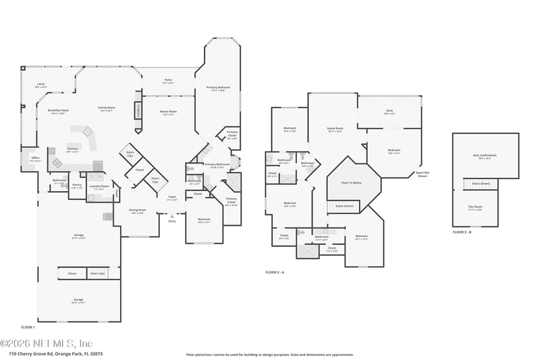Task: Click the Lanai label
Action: tap(40, 84)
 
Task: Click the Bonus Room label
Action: tap(168, 112)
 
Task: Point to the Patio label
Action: tap(167, 81)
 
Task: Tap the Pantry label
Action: tap(76, 186)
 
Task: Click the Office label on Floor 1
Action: tap(35, 159)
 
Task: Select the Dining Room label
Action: tap(138, 211)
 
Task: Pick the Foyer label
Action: tap(172, 198)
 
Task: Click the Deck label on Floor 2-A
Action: tap(389, 111)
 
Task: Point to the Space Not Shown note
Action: tap(423, 174)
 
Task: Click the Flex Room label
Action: tap(475, 207)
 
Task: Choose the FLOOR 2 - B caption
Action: tap(463, 232)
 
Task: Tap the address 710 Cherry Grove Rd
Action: tap(55, 353)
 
